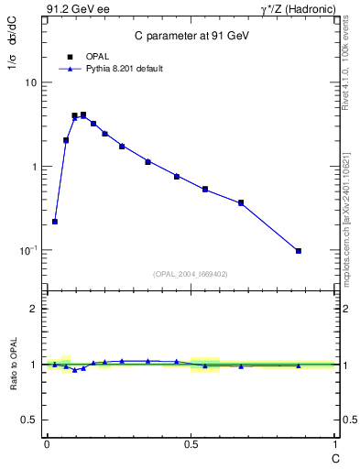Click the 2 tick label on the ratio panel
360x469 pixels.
tap(34, 309)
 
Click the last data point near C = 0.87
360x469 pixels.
tap(299, 251)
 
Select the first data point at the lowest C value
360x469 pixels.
tap(55, 222)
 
